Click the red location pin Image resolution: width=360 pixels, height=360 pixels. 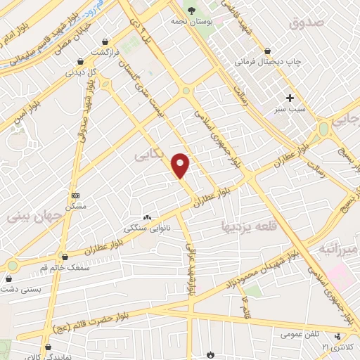click(x=181, y=165)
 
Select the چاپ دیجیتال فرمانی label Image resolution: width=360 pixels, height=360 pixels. click(x=268, y=62)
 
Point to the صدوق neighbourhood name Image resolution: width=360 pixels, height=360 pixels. click(x=306, y=23)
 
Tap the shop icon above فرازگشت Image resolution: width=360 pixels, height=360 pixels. click(x=105, y=41)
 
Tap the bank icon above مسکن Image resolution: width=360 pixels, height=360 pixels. click(x=75, y=195)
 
